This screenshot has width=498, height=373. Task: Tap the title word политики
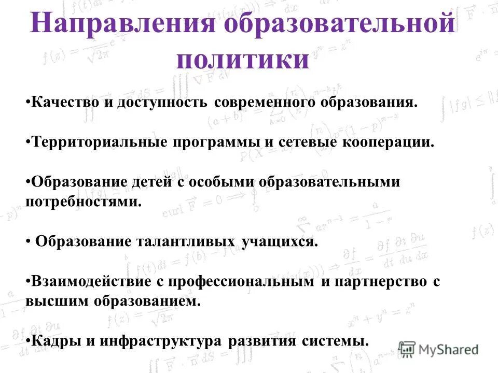coord(242,59)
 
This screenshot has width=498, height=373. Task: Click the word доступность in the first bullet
coord(162,102)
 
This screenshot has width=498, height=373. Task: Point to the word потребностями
coord(83,202)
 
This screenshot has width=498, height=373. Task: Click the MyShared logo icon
coord(407,349)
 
